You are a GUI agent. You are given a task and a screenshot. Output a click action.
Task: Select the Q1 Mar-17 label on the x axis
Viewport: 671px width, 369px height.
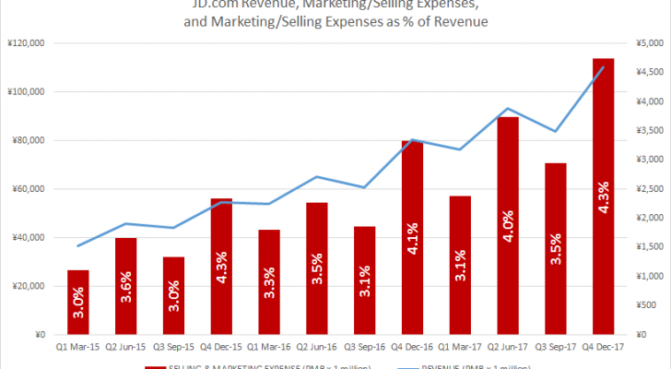tap(460, 348)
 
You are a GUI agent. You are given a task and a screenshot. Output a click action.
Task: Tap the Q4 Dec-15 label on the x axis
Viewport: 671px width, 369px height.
tap(221, 348)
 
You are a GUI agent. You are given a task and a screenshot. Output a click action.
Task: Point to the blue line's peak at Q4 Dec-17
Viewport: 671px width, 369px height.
tap(604, 66)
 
